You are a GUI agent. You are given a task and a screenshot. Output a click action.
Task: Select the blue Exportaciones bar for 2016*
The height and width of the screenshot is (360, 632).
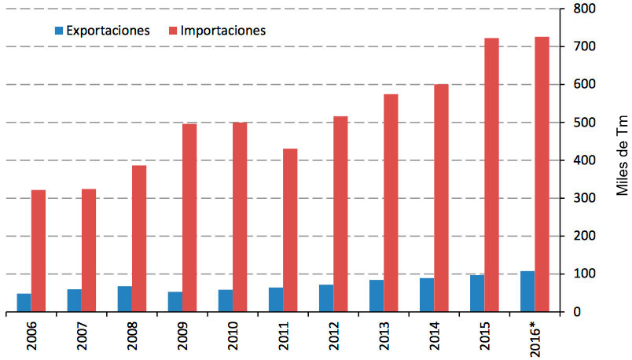527,292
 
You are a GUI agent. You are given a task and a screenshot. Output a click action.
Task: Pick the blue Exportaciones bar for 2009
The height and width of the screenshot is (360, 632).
175,302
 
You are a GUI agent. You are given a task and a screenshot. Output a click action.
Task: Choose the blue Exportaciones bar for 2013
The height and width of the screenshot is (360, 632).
377,296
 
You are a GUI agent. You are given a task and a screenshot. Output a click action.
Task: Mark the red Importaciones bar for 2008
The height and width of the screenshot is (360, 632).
138,238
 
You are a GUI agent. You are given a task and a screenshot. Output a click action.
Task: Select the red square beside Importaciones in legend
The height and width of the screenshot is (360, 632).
172,31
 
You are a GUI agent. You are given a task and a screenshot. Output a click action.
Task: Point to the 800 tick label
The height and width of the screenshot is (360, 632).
582,9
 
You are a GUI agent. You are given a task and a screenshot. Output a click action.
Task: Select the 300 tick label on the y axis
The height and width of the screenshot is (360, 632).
582,199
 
